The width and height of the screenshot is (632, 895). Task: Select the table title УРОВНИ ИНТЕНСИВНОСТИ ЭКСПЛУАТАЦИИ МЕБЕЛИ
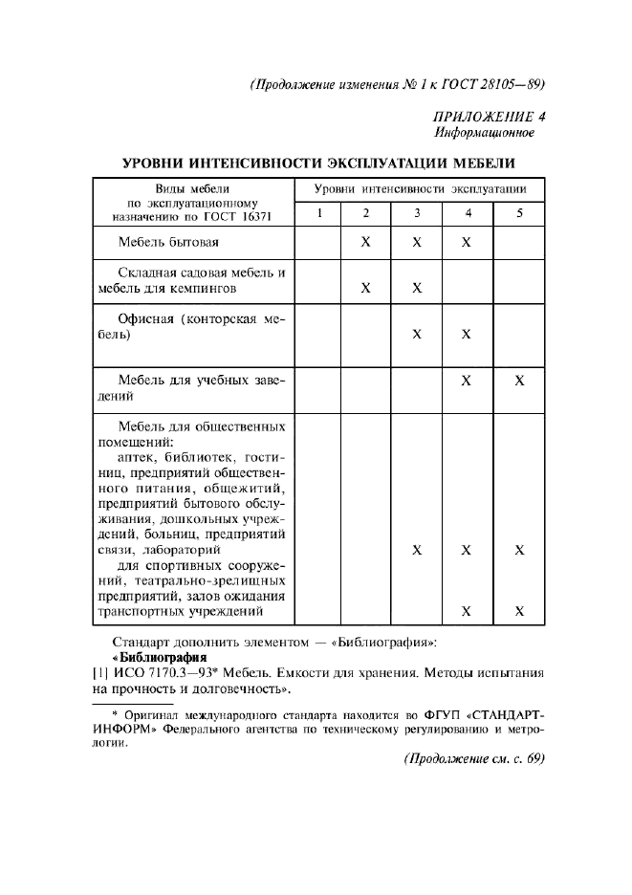318,163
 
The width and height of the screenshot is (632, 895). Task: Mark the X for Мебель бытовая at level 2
366,243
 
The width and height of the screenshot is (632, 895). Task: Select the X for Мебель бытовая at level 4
467,243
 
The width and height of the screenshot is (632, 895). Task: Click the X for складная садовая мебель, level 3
417,287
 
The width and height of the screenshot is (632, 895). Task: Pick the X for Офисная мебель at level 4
467,334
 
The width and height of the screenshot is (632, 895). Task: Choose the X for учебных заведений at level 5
519,381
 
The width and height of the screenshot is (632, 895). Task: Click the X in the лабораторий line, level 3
417,551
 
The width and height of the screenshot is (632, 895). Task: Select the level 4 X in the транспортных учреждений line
467,611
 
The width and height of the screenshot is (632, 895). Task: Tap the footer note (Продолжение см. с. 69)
473,758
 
